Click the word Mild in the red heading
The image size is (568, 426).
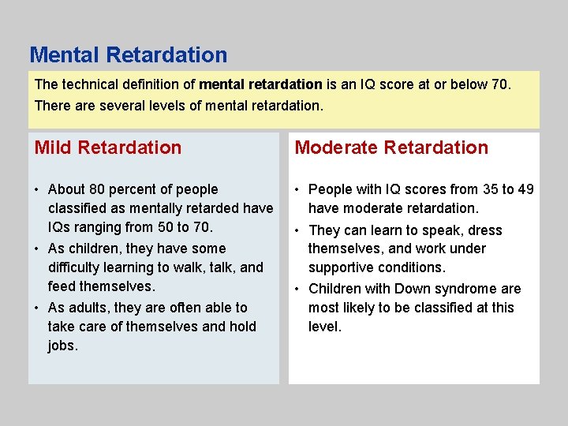pyautogui.click(x=53, y=148)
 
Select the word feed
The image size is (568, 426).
pyautogui.click(x=62, y=286)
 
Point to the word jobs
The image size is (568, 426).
pyautogui.click(x=62, y=346)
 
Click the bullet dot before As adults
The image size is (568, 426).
pyautogui.click(x=38, y=308)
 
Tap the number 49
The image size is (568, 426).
pyautogui.click(x=525, y=189)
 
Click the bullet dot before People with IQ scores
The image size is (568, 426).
pyautogui.click(x=298, y=189)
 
